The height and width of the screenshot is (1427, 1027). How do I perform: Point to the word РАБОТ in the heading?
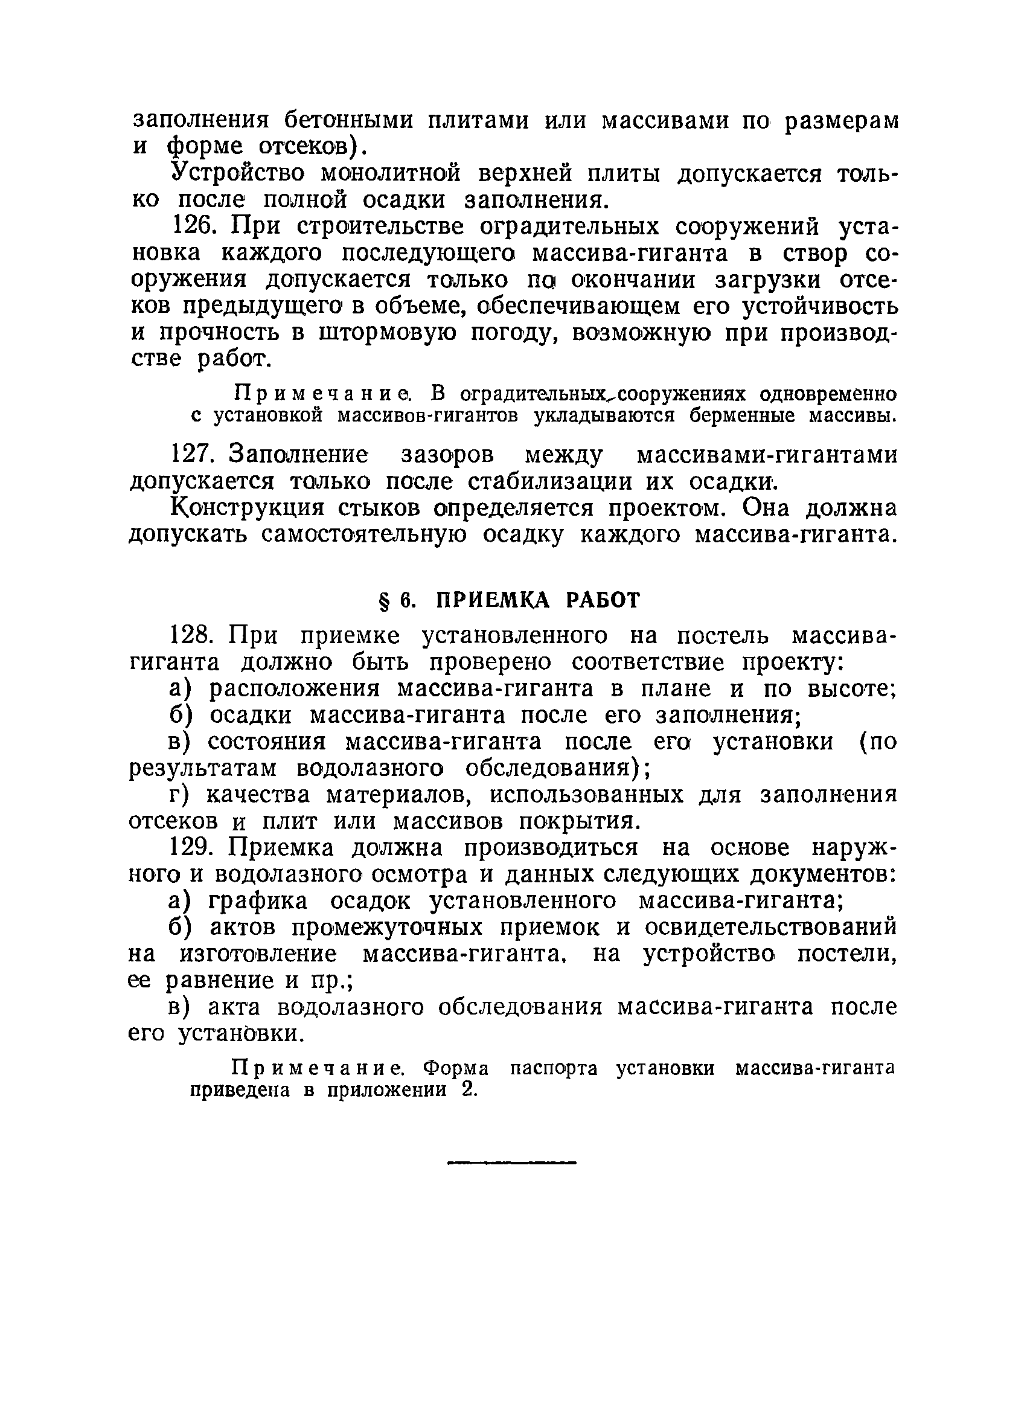(x=603, y=601)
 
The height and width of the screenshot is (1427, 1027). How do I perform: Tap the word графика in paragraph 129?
(x=258, y=901)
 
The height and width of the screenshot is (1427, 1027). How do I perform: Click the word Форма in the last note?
(x=456, y=1068)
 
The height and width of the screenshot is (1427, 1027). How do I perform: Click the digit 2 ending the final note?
(x=466, y=1090)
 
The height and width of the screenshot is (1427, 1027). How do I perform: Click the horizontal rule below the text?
(x=511, y=1162)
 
